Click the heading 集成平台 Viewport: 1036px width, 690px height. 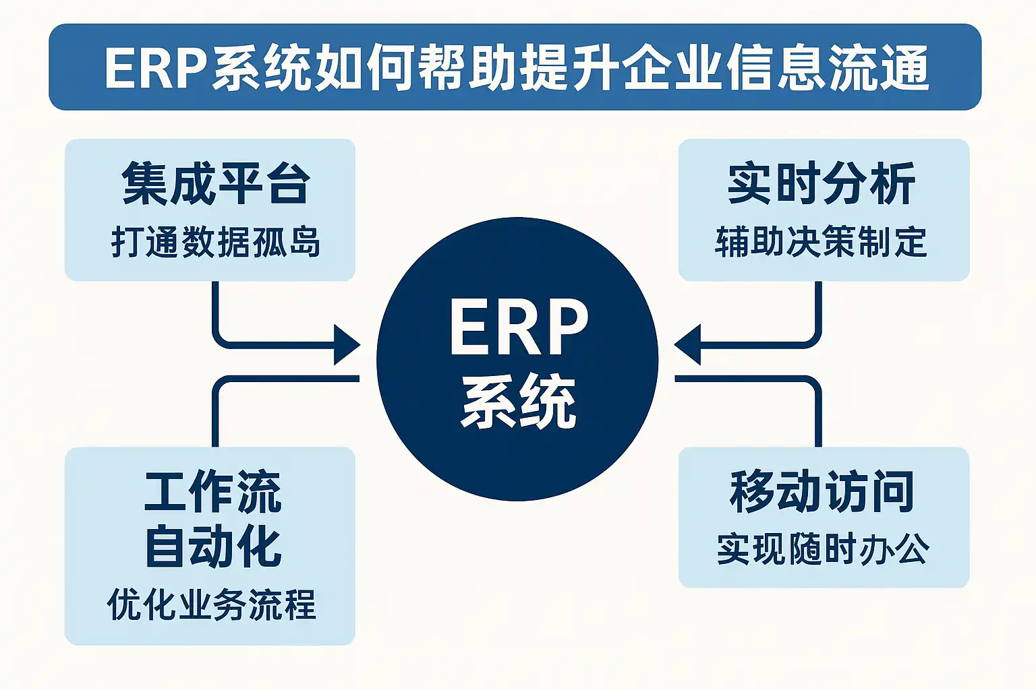(215, 183)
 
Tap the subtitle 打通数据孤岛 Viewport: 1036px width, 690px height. (215, 242)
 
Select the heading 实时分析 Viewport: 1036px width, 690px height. (821, 183)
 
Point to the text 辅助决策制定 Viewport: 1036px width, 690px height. (821, 242)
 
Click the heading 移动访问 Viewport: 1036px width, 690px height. (822, 492)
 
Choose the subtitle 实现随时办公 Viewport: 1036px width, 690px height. (823, 549)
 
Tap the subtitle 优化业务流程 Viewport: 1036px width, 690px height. (211, 604)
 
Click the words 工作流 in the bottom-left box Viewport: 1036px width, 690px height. (212, 492)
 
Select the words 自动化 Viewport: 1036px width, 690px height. (212, 546)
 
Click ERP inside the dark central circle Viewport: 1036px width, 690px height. (518, 327)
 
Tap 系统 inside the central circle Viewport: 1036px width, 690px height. (518, 402)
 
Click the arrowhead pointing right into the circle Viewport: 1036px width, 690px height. (347, 345)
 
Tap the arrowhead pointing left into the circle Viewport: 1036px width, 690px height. (688, 345)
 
